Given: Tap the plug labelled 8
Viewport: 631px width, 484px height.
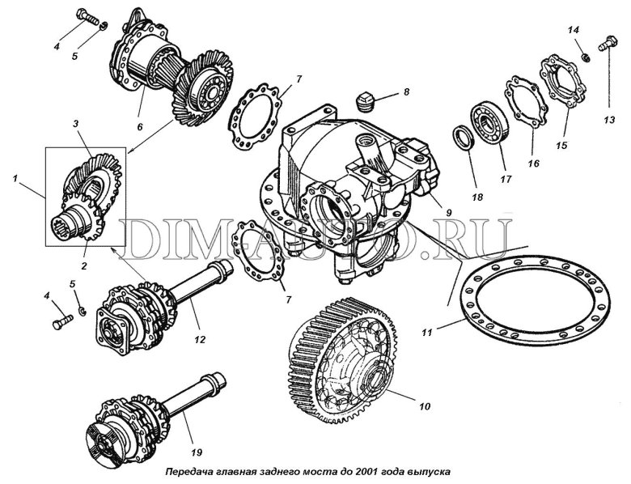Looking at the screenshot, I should pyautogui.click(x=366, y=101).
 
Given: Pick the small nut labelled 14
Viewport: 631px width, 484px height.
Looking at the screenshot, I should pyautogui.click(x=582, y=57).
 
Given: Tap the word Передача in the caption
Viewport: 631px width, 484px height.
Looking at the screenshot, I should pyautogui.click(x=190, y=469).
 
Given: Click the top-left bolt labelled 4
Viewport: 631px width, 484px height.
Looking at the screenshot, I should pyautogui.click(x=87, y=15).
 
